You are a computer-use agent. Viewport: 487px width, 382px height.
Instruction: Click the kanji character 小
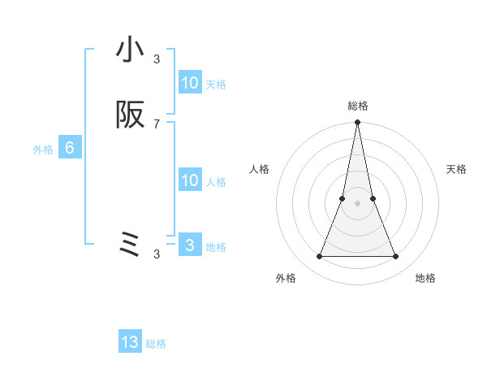click(130, 50)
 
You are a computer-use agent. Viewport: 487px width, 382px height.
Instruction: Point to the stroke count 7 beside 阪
click(157, 124)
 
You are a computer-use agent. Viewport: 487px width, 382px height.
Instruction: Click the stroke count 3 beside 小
click(157, 59)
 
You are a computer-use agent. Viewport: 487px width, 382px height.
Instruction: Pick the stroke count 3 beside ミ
click(157, 254)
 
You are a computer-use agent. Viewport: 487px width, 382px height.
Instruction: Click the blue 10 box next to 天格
click(190, 83)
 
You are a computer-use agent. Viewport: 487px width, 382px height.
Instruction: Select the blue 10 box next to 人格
click(190, 180)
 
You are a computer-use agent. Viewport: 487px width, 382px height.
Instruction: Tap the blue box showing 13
click(130, 342)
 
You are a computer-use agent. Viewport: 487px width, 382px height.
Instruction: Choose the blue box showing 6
click(70, 148)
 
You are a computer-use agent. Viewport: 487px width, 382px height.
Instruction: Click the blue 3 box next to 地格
click(190, 245)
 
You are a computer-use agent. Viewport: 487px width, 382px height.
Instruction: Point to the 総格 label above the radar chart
click(357, 106)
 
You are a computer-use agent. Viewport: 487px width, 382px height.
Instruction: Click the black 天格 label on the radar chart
click(457, 169)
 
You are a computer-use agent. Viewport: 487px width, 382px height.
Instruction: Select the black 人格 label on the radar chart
click(259, 169)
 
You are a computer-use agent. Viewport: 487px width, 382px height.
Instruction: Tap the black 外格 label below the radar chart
click(286, 278)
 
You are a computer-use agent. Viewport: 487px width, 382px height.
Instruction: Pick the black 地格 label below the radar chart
click(425, 278)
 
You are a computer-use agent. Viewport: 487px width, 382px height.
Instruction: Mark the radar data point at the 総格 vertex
click(357, 123)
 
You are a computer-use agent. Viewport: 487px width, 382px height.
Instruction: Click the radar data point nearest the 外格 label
click(319, 257)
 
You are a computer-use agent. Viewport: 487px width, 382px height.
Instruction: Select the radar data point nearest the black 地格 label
click(396, 257)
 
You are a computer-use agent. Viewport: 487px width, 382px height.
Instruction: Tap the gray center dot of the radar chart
click(357, 203)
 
